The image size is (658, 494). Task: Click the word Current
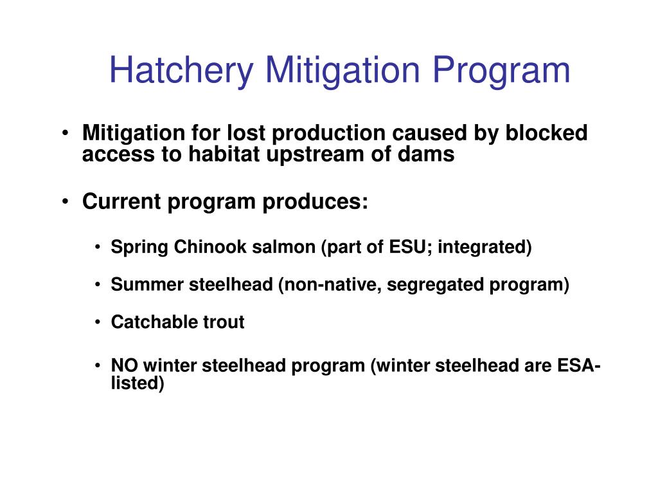click(122, 201)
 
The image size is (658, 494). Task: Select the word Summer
click(147, 284)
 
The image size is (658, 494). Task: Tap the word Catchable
click(149, 322)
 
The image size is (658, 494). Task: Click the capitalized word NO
click(125, 365)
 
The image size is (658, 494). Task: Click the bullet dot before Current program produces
click(66, 202)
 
